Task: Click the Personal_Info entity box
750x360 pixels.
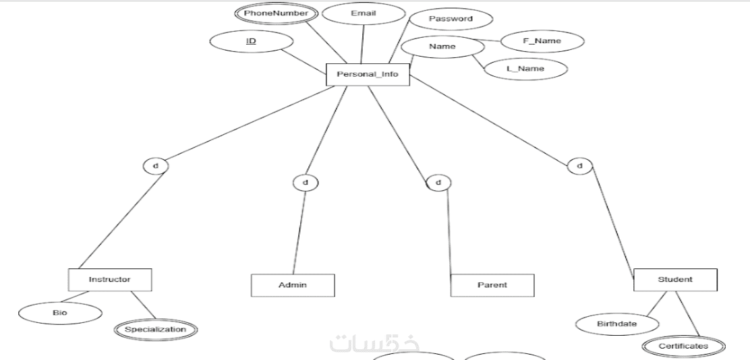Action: click(367, 74)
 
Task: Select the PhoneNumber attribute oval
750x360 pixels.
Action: click(276, 13)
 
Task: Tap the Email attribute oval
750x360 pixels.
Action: click(364, 13)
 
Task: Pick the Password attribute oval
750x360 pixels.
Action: click(451, 19)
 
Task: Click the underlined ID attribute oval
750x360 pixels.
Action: click(251, 42)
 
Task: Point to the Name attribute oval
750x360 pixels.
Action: click(442, 47)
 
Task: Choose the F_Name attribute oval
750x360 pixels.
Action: click(542, 41)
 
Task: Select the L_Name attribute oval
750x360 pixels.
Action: click(525, 69)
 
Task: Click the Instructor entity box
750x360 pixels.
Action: click(109, 279)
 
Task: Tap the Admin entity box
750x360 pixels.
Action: click(293, 285)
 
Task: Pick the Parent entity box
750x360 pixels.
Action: click(492, 285)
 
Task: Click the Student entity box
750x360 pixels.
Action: click(675, 280)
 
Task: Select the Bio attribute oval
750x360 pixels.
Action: click(60, 313)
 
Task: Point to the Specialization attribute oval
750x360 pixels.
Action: click(155, 330)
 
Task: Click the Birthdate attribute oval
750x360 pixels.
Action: click(617, 324)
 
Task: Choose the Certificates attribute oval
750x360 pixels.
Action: click(683, 347)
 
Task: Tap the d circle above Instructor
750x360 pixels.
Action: click(156, 165)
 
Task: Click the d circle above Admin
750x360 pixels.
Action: click(305, 182)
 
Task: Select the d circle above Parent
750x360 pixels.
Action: click(438, 182)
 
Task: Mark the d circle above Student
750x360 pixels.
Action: click(579, 165)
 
